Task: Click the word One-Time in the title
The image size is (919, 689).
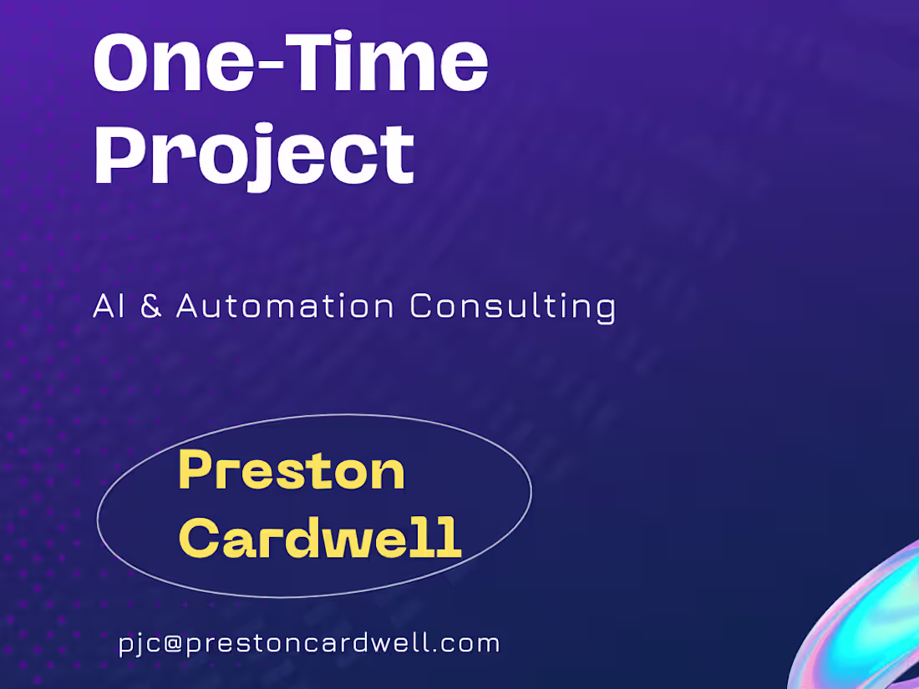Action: pos(290,63)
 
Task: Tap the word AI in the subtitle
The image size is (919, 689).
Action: pos(108,307)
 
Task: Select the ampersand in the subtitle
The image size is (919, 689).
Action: pos(151,307)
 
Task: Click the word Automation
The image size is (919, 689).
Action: pos(285,307)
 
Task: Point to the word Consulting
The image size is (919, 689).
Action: pos(512,307)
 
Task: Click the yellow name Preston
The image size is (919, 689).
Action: pos(292,470)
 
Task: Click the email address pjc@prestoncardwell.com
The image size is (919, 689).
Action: pos(309,644)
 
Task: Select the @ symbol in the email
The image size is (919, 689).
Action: pos(173,644)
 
